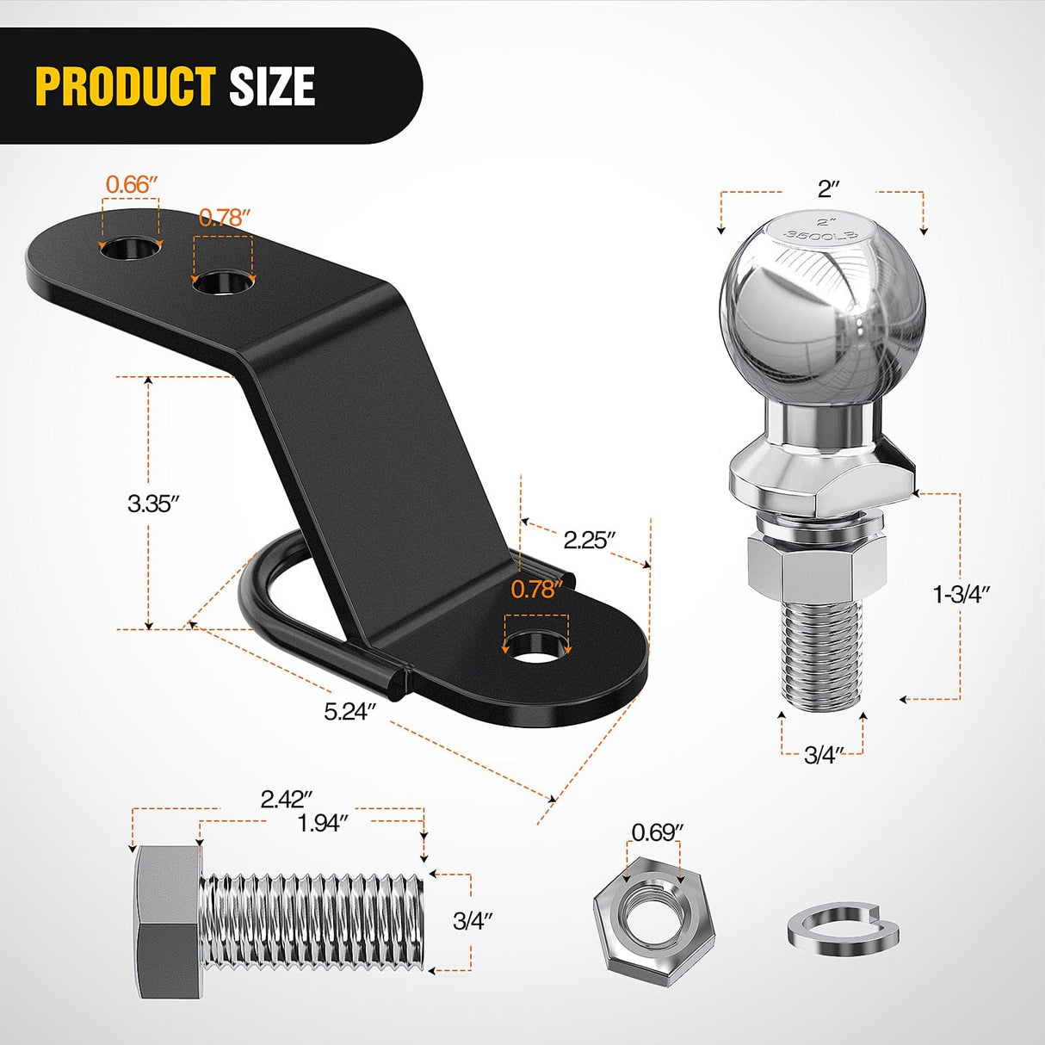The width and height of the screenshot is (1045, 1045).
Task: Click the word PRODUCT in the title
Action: click(x=126, y=86)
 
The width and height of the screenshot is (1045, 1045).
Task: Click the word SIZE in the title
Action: click(x=272, y=86)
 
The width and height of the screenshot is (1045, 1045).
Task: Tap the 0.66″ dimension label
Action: click(x=132, y=184)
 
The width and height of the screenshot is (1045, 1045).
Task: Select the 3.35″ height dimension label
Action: click(x=152, y=503)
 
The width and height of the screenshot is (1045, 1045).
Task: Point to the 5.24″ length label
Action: click(x=350, y=711)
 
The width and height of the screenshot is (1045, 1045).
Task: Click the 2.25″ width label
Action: click(x=590, y=540)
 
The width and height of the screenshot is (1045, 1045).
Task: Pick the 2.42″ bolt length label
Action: click(x=286, y=799)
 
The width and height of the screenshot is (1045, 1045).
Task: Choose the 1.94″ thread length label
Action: click(x=322, y=823)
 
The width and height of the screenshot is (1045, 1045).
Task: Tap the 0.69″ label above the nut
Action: click(x=658, y=832)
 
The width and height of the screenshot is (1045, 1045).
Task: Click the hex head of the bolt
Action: click(x=167, y=921)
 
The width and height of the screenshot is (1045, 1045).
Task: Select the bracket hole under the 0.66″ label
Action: click(x=131, y=248)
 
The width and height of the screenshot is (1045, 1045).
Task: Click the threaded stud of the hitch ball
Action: click(x=821, y=654)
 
